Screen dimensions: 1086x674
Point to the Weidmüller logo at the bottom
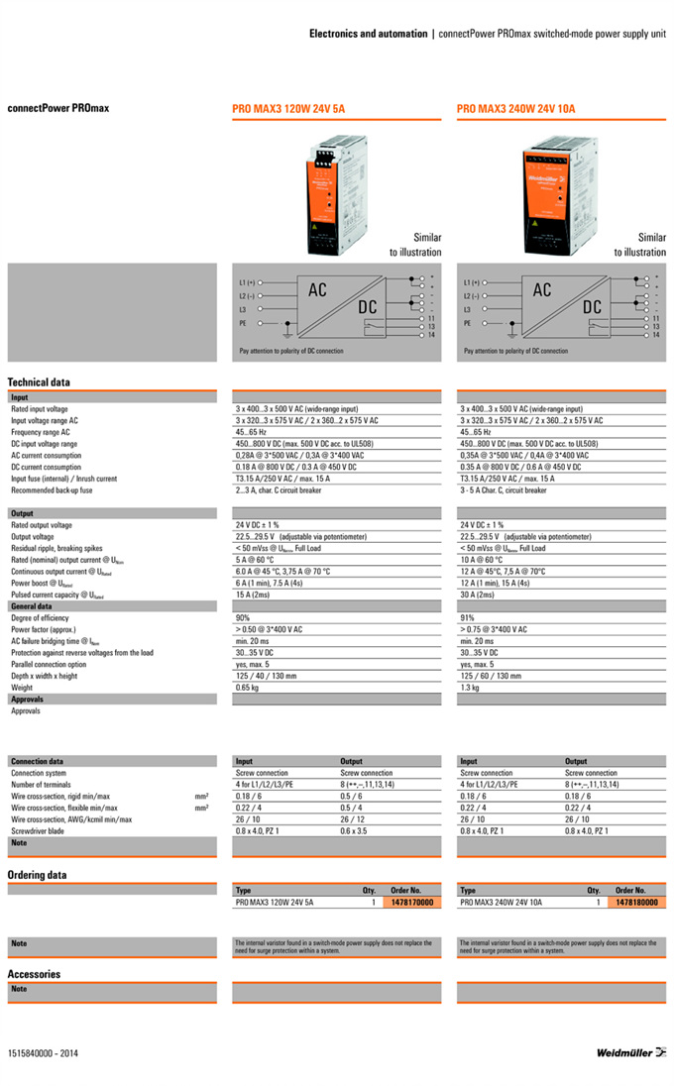point(631,1052)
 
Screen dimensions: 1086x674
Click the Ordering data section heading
point(37,875)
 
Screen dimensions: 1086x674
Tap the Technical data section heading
point(39,382)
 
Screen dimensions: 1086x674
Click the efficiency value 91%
point(468,617)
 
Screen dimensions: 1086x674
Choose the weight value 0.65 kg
point(247,687)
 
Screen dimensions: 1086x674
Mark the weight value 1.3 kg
point(470,687)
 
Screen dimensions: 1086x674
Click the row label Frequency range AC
point(41,432)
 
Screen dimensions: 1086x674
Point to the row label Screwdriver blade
point(38,831)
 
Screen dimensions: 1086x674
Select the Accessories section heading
point(34,974)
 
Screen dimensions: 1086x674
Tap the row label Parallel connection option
point(49,664)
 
